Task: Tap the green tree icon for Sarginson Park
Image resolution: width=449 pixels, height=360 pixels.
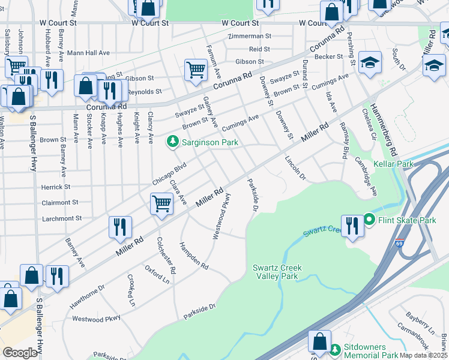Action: (172, 142)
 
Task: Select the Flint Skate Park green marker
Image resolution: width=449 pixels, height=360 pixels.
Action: (369, 220)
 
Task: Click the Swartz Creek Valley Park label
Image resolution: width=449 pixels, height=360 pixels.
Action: (277, 272)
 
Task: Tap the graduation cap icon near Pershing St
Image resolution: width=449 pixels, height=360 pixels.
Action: (370, 62)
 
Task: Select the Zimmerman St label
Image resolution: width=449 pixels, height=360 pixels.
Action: (250, 36)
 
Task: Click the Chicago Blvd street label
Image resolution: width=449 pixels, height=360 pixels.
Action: (170, 173)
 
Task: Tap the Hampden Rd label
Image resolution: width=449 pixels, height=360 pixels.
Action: (194, 256)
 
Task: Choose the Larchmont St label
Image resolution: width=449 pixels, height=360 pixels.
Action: (62, 218)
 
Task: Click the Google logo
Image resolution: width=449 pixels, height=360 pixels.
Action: (20, 352)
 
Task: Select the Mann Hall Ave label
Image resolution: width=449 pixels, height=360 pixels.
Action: (89, 53)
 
